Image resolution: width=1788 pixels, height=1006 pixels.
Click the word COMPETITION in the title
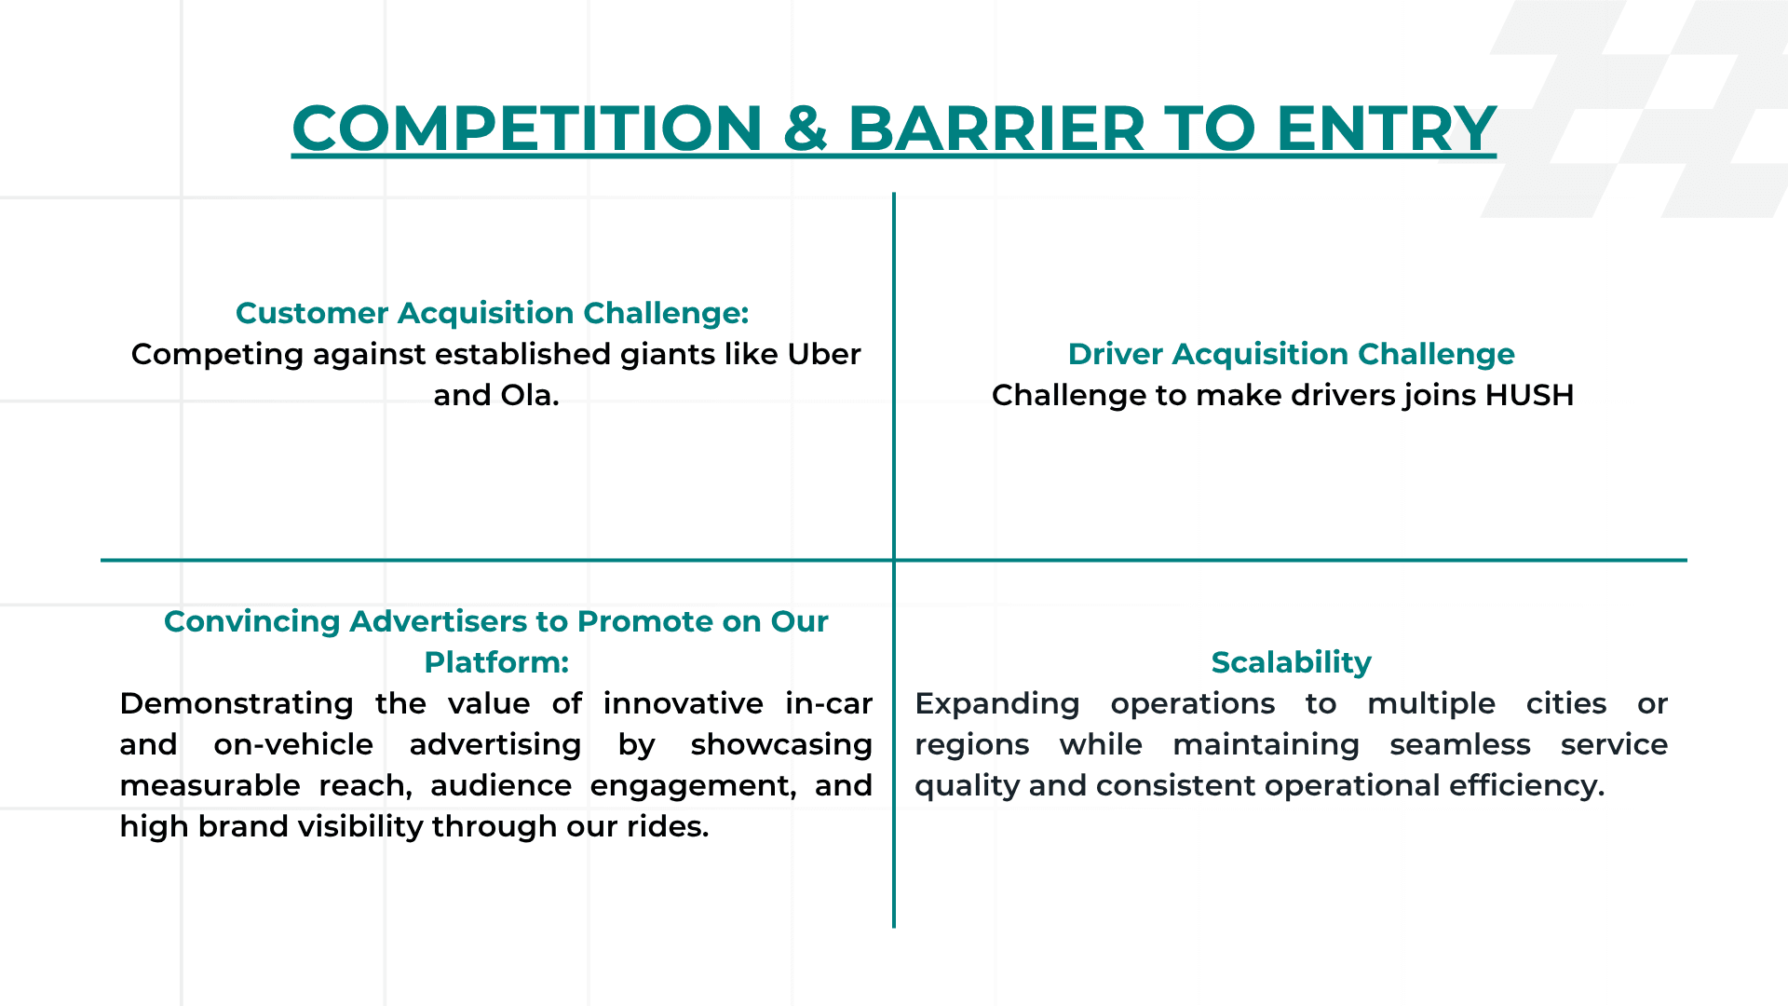[527, 129]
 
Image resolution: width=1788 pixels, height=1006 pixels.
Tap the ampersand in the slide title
[805, 129]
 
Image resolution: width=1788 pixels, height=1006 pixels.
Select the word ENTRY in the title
[1386, 129]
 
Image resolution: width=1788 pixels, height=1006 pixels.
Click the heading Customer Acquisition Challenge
[492, 313]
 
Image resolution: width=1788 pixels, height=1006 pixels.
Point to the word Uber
[823, 354]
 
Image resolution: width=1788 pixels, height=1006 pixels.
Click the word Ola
[529, 395]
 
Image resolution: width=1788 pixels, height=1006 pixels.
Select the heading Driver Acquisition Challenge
[1291, 354]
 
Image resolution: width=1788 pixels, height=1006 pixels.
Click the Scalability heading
[1291, 662]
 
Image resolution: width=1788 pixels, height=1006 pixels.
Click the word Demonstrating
[237, 703]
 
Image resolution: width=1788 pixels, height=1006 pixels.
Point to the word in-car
[828, 703]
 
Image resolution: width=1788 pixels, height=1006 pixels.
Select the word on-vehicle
[293, 744]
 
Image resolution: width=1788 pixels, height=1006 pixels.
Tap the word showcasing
[780, 744]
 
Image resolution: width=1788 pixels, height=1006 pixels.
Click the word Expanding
[996, 703]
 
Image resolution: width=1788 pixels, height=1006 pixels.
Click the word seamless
[1459, 744]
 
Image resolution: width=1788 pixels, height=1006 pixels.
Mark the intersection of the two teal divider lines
[894, 560]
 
